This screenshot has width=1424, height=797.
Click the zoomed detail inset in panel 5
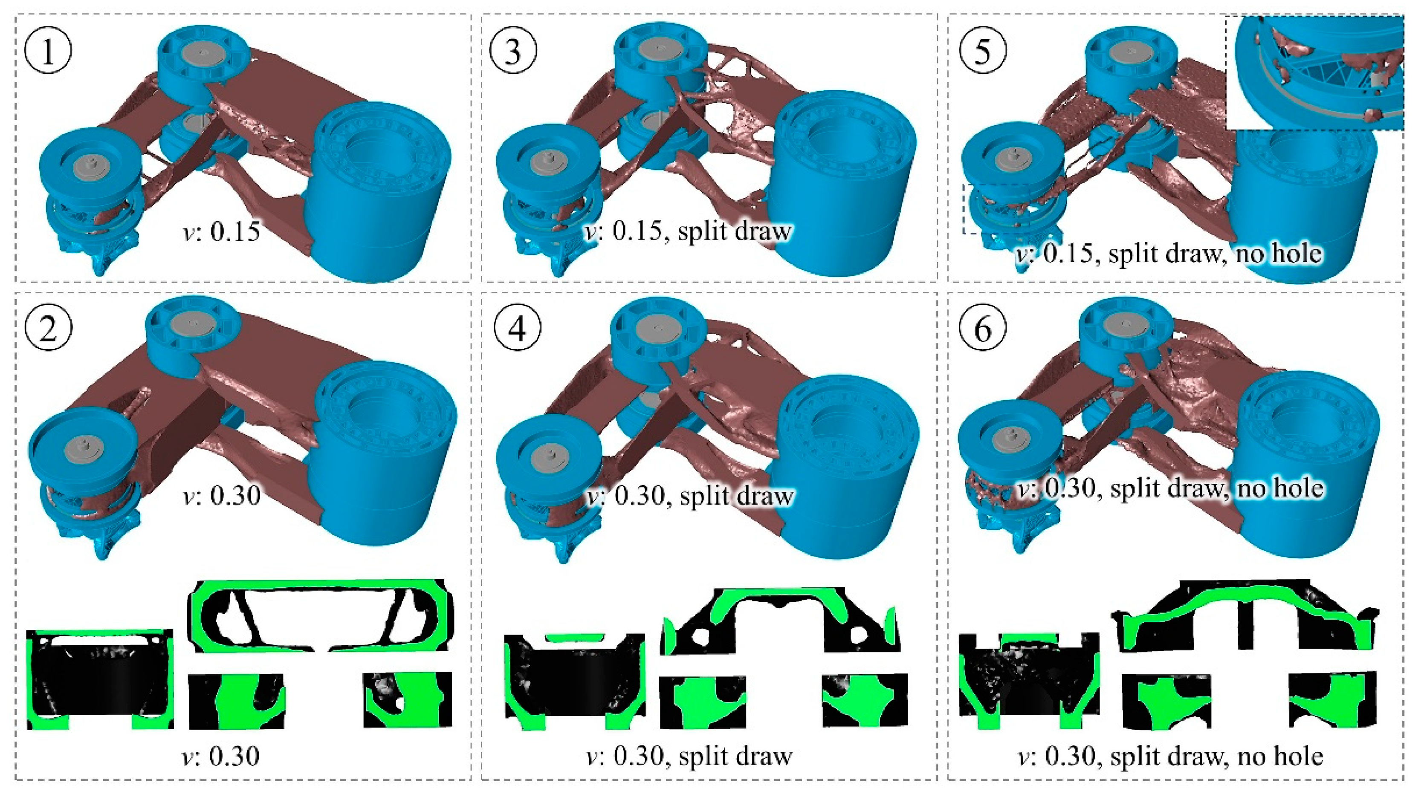tap(1314, 73)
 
